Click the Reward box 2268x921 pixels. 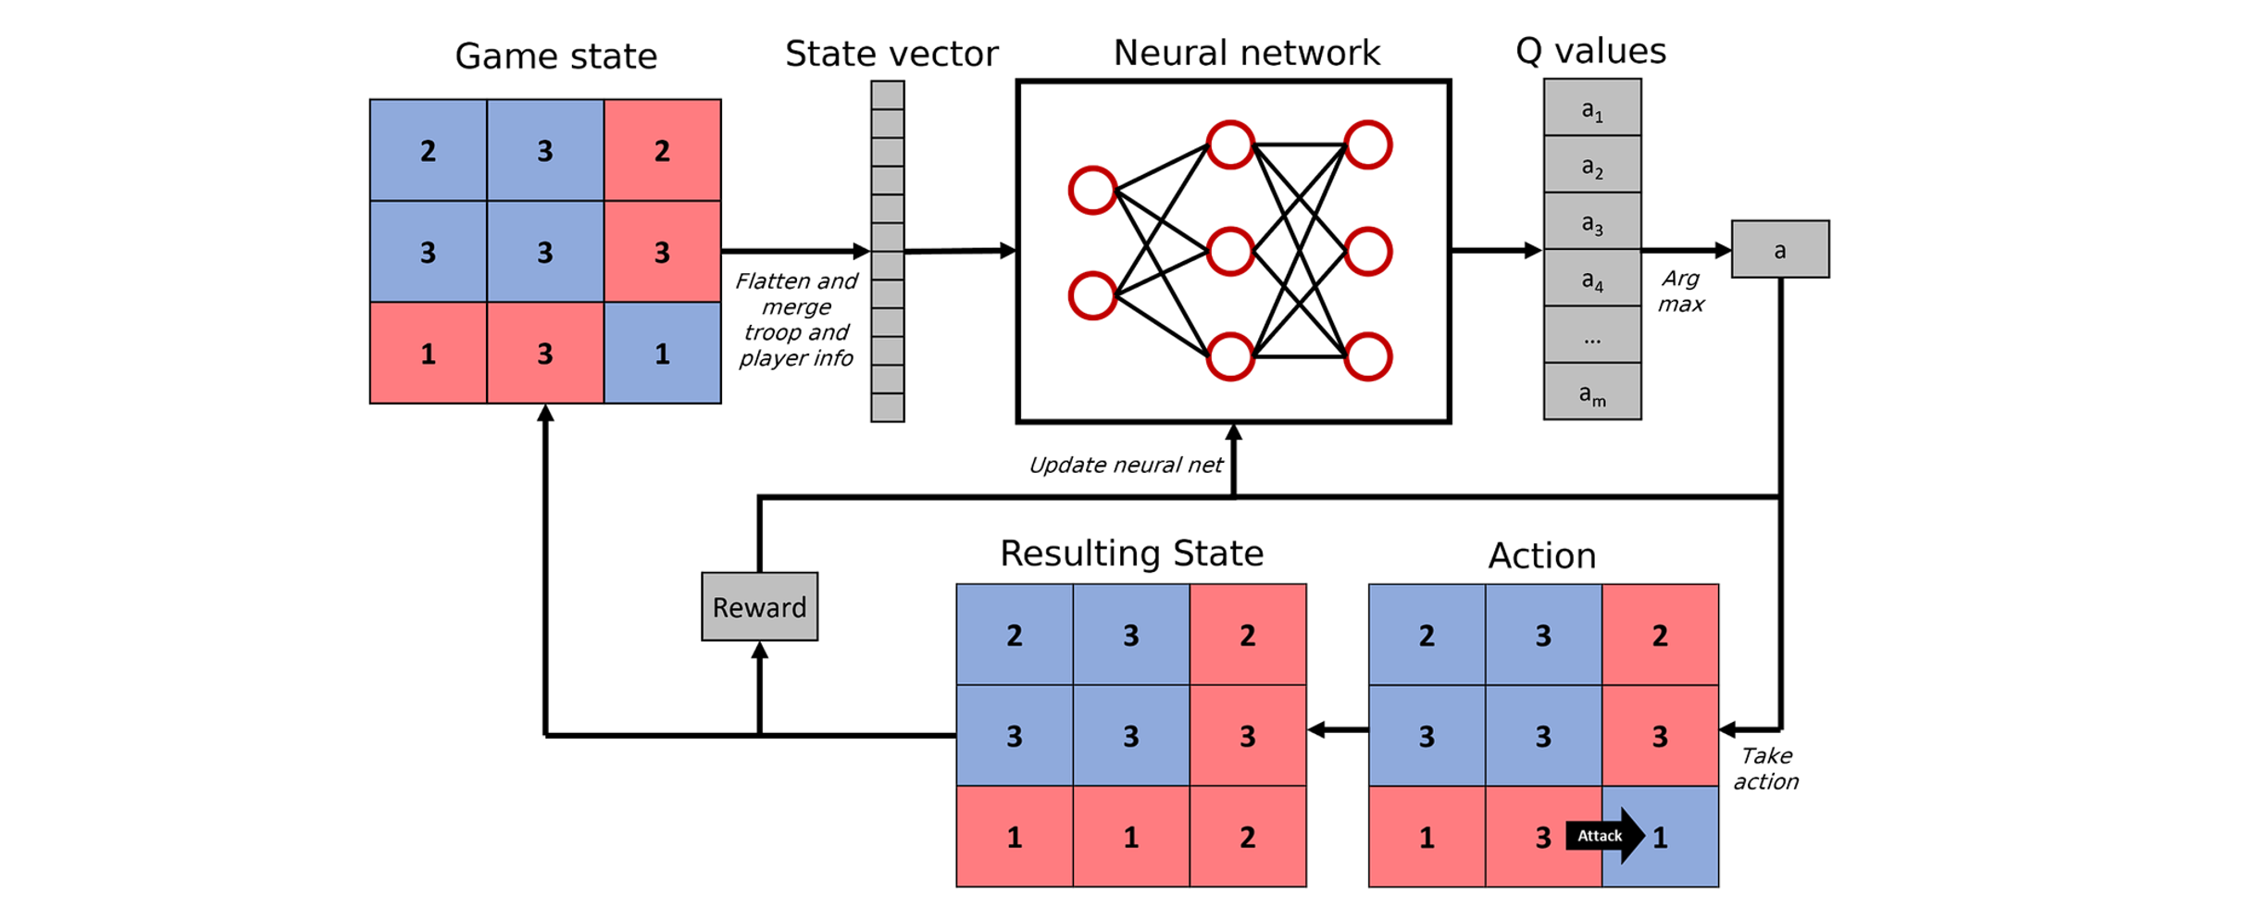[x=759, y=606]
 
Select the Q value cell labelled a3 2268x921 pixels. [x=1592, y=222]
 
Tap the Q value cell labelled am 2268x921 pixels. [x=1592, y=392]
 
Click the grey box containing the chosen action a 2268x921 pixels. [x=1779, y=249]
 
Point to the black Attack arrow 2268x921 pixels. [x=1604, y=836]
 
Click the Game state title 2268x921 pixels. [x=555, y=56]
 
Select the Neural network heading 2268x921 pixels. [x=1246, y=53]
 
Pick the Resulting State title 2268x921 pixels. [x=1131, y=554]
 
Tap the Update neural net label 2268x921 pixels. [x=1125, y=465]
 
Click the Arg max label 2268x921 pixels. [x=1680, y=291]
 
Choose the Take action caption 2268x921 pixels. [x=1765, y=768]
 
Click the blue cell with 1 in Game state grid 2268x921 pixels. [x=662, y=353]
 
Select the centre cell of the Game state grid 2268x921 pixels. [x=545, y=252]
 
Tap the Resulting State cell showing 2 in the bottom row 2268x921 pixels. [x=1247, y=837]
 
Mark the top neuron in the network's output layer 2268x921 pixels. [x=1368, y=145]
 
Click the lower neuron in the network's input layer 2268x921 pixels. [x=1092, y=296]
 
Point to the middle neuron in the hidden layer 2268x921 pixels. [x=1230, y=251]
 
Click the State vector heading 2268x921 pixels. [x=891, y=54]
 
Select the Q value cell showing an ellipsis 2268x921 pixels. [x=1592, y=336]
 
